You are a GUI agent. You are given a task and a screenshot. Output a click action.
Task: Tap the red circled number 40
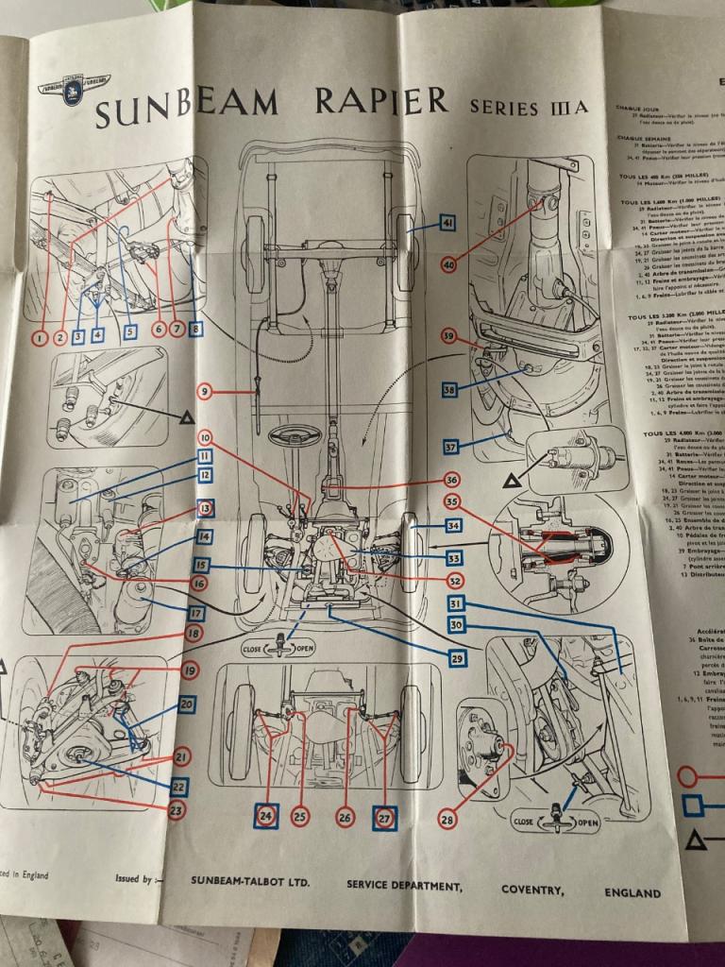[x=448, y=265]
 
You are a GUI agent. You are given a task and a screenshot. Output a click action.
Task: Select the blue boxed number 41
[x=447, y=223]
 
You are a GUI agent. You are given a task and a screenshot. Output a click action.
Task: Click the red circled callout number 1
[x=39, y=335]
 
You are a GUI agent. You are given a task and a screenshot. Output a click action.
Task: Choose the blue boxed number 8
[x=195, y=330]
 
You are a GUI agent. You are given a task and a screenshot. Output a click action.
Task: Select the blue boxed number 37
[x=451, y=447]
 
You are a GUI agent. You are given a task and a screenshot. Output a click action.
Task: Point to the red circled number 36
[x=451, y=480]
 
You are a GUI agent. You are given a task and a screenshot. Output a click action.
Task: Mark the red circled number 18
[x=194, y=635]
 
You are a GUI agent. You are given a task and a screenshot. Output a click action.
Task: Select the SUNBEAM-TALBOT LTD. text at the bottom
[x=250, y=882]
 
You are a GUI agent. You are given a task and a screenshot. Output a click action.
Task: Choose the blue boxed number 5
[x=129, y=332]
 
